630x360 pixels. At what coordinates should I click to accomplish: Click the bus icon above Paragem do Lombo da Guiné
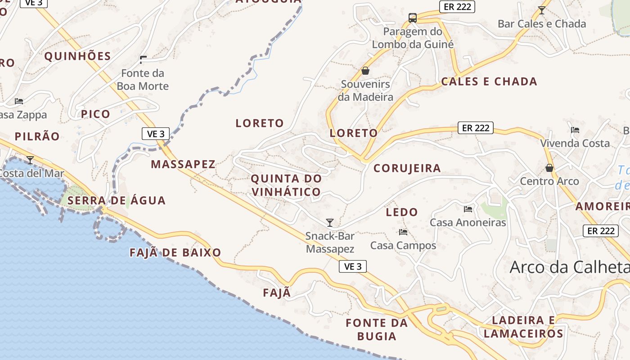(x=413, y=18)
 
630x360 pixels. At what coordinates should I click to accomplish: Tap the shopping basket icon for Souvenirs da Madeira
(x=365, y=71)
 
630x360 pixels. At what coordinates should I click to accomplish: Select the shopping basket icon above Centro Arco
(x=549, y=168)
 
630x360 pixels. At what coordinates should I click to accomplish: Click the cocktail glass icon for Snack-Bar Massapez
(x=330, y=222)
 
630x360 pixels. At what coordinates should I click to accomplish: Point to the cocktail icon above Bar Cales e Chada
(x=542, y=10)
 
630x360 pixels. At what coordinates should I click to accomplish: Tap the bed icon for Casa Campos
(x=403, y=232)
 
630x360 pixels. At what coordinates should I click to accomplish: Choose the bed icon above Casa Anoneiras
(x=468, y=209)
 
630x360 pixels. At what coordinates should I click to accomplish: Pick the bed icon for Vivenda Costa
(x=575, y=130)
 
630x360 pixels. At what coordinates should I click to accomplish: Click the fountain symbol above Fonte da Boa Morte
(x=143, y=59)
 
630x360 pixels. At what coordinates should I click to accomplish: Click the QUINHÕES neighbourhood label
(x=77, y=56)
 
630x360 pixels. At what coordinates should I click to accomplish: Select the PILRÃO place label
(x=37, y=137)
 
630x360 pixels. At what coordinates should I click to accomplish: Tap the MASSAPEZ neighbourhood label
(x=183, y=164)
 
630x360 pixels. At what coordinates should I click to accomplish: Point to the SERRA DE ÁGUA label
(x=117, y=201)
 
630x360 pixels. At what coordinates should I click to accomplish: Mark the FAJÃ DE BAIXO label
(x=175, y=252)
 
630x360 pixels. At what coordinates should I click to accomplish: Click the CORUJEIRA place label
(x=407, y=168)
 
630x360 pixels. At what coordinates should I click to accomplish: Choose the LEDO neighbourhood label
(x=402, y=212)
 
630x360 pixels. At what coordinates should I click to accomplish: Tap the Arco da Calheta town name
(x=569, y=267)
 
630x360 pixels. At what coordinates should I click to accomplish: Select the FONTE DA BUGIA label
(x=377, y=329)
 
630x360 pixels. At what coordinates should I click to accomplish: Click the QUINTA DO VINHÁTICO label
(x=286, y=185)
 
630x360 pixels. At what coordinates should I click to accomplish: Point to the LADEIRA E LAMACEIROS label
(x=524, y=327)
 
